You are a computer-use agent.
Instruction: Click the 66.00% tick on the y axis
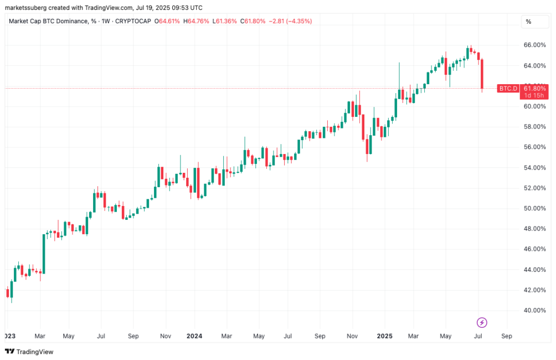coord(535,45)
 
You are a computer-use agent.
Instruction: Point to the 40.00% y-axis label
coord(535,310)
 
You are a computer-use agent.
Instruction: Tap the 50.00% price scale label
coord(535,208)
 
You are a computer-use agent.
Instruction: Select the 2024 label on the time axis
coord(194,336)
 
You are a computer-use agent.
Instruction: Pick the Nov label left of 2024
coord(165,336)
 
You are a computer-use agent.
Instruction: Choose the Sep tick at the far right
coord(506,336)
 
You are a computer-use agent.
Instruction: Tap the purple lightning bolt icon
coord(482,322)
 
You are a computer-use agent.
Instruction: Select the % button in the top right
coord(528,22)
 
